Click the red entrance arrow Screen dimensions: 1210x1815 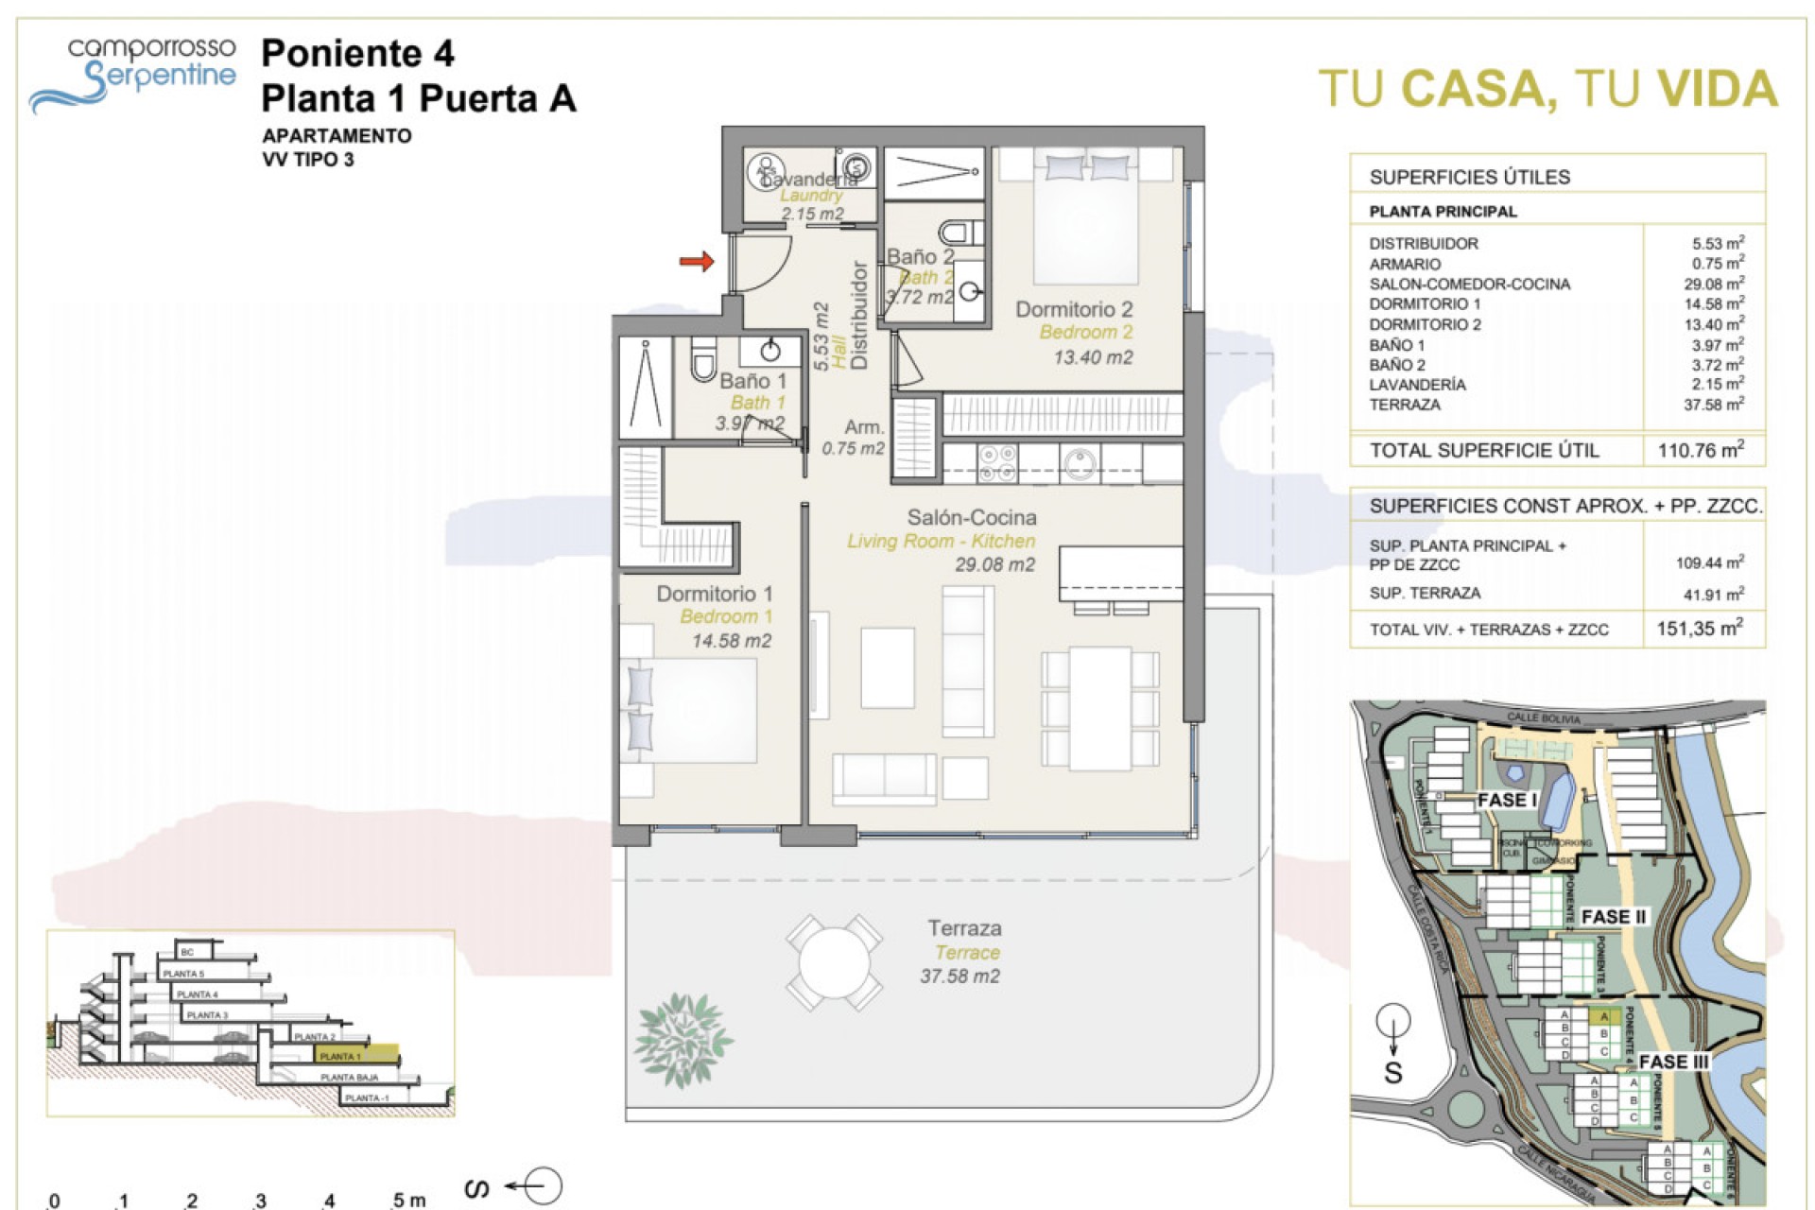pyautogui.click(x=697, y=261)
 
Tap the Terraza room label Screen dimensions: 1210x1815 pyautogui.click(x=964, y=928)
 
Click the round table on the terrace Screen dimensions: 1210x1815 pyautogui.click(x=834, y=963)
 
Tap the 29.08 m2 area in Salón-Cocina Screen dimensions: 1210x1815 pyautogui.click(x=994, y=565)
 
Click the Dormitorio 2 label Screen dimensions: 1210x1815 pyautogui.click(x=1074, y=309)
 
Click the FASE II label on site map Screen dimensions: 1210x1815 pyautogui.click(x=1614, y=917)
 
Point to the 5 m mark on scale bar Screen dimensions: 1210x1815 pyautogui.click(x=408, y=1200)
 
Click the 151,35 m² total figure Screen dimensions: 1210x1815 pyautogui.click(x=1700, y=629)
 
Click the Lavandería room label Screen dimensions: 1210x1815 pyautogui.click(x=809, y=179)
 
